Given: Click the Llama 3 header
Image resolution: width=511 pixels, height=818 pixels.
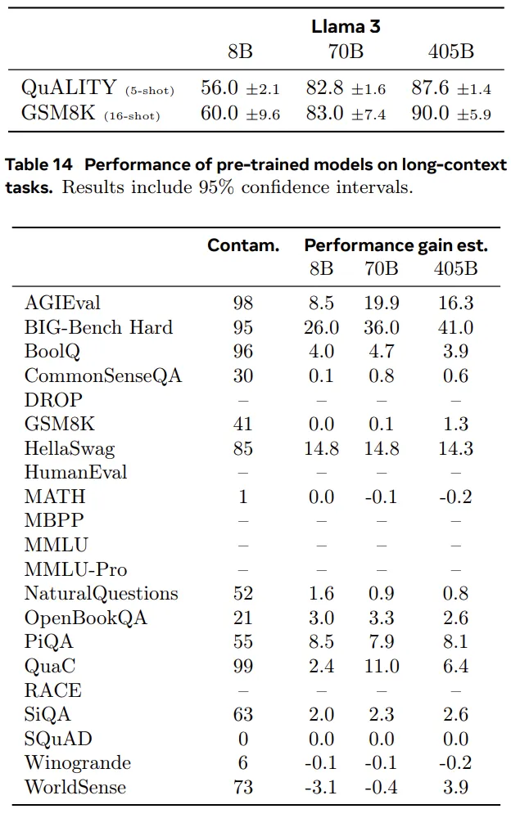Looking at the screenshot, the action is pos(346,26).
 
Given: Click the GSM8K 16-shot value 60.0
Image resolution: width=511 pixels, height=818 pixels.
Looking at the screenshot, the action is pos(219,113).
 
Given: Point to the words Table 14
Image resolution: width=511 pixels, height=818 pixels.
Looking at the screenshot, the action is pos(38,164).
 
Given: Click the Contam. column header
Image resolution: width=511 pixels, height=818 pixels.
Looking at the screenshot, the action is pos(243,245).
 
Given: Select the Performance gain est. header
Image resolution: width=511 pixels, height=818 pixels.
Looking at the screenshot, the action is pos(396,245).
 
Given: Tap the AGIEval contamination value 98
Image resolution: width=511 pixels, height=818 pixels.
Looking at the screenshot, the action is pos(243,303).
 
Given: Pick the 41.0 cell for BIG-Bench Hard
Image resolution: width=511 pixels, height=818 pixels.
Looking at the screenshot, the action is pos(455,327).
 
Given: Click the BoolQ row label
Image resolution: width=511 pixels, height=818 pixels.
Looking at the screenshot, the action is pos(52,352).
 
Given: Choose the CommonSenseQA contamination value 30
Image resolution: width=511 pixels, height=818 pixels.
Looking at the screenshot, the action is pos(243,375).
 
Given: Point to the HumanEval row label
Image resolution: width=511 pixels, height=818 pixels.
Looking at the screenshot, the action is pos(76,472).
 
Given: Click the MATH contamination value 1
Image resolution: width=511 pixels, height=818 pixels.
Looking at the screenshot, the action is pos(243,497).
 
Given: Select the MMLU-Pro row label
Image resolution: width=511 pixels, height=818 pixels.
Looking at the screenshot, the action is pos(76,569).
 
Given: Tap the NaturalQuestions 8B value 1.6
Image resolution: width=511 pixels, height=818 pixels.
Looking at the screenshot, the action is pos(321,593).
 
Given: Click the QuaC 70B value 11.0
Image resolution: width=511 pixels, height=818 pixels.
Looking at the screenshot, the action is pos(382,666).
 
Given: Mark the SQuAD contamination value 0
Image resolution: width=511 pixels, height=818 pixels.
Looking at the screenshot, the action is pos(243,739).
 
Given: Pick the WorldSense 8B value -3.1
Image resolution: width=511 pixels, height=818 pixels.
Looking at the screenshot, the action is pos(321,787).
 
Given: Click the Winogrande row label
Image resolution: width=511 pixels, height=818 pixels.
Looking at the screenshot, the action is pos(78,762).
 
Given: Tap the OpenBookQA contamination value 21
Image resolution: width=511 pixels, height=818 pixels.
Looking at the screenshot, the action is pos(243,618).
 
